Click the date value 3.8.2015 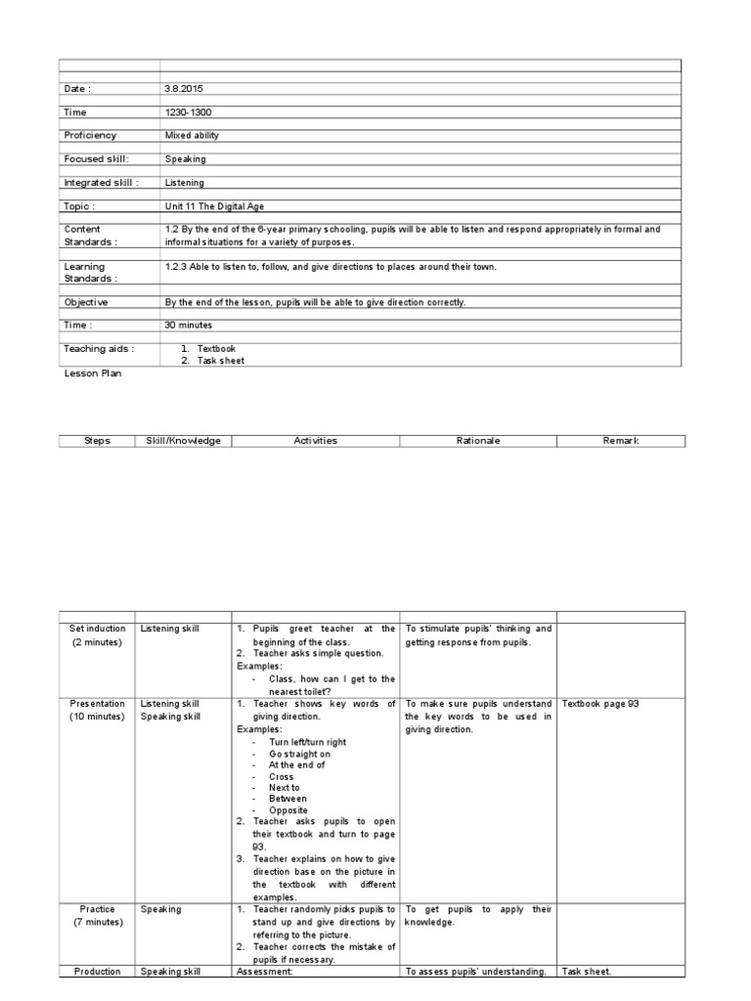184,89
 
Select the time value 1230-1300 188,112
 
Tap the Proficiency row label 90,136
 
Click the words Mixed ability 193,136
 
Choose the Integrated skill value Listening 185,182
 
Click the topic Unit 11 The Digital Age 215,206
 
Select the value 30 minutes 188,325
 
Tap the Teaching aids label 99,348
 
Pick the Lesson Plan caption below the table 93,373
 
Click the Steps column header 98,441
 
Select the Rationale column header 478,441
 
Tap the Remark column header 621,441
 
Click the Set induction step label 98,629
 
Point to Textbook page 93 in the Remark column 600,704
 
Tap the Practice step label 98,909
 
